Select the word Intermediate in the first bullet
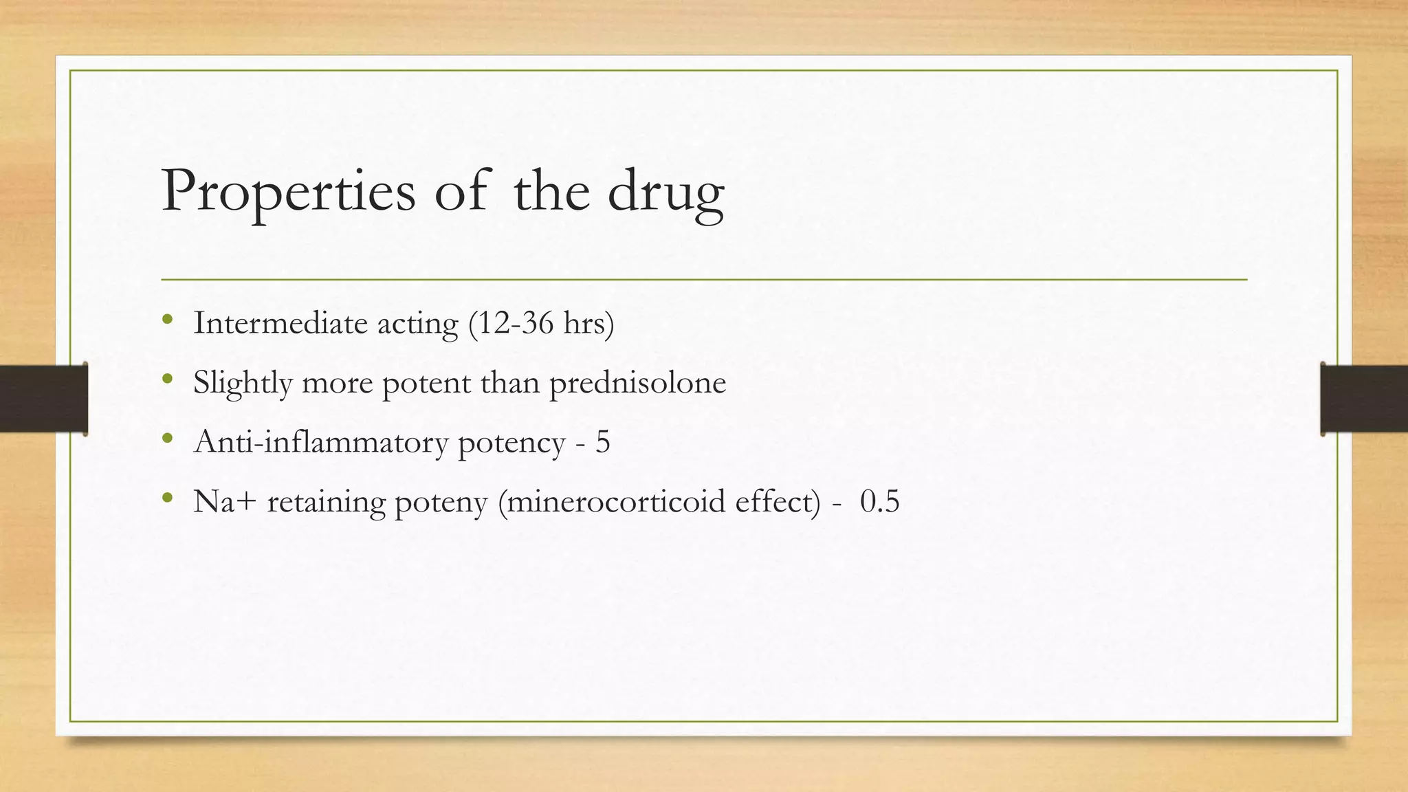pos(280,323)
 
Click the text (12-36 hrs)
pos(540,323)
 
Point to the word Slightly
pos(243,383)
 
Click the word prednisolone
pos(637,383)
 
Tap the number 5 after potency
pos(602,442)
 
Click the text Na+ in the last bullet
pos(225,501)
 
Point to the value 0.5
pos(879,501)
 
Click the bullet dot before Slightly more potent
pos(167,379)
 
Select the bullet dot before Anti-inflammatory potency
pos(167,438)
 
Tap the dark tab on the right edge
pos(1364,399)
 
